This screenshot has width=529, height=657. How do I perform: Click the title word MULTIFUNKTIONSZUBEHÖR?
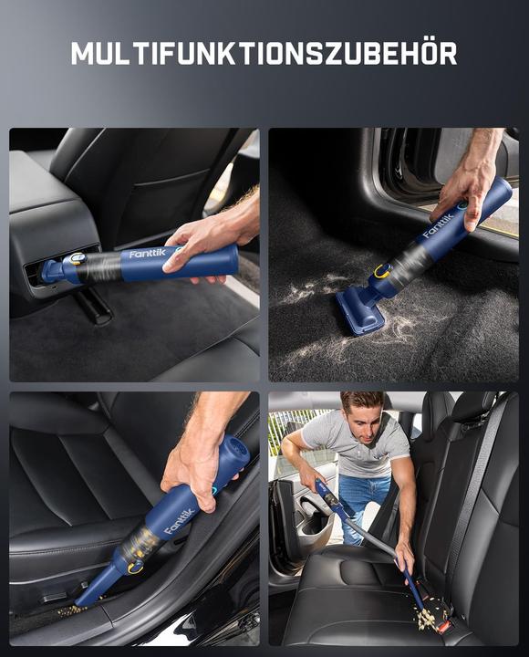[x=264, y=54]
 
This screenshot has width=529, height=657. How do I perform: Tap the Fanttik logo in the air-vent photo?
[x=149, y=255]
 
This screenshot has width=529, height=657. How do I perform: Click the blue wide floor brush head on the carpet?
[x=359, y=311]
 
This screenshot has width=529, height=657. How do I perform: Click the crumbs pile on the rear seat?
[x=424, y=619]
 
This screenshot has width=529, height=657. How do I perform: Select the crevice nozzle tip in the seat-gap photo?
[x=86, y=599]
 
